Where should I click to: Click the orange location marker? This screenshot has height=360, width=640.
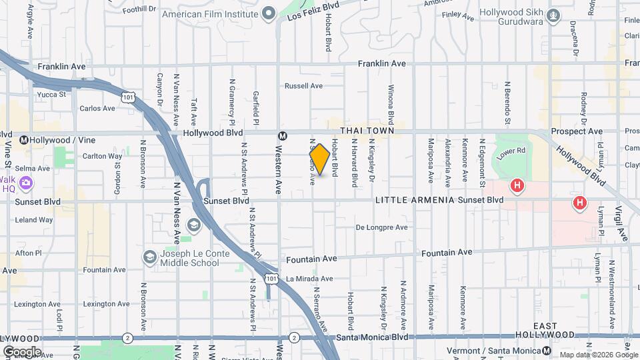tap(319, 159)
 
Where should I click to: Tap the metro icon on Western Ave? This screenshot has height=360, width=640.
tap(283, 136)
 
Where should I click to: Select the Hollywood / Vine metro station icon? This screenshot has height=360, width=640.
tap(25, 140)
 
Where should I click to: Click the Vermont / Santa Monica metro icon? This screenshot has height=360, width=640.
tap(547, 351)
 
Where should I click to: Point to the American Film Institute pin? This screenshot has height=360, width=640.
tap(269, 13)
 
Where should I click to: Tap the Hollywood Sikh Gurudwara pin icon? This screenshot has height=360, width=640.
tap(553, 14)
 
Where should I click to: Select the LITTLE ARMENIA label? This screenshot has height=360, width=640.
tap(415, 200)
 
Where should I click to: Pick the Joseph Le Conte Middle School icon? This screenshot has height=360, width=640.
tap(150, 257)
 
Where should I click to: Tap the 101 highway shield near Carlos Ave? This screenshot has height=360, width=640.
tap(128, 97)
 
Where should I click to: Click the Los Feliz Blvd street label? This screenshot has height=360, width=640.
tap(313, 11)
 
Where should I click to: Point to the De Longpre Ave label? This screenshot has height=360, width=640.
tap(381, 227)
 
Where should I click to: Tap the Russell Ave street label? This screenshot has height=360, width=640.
tap(303, 86)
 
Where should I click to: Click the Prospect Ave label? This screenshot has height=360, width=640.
tap(577, 132)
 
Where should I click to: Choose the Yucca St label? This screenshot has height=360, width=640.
tap(51, 95)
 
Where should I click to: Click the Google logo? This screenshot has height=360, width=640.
tap(22, 351)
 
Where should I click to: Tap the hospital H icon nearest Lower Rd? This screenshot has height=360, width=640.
tap(516, 185)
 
